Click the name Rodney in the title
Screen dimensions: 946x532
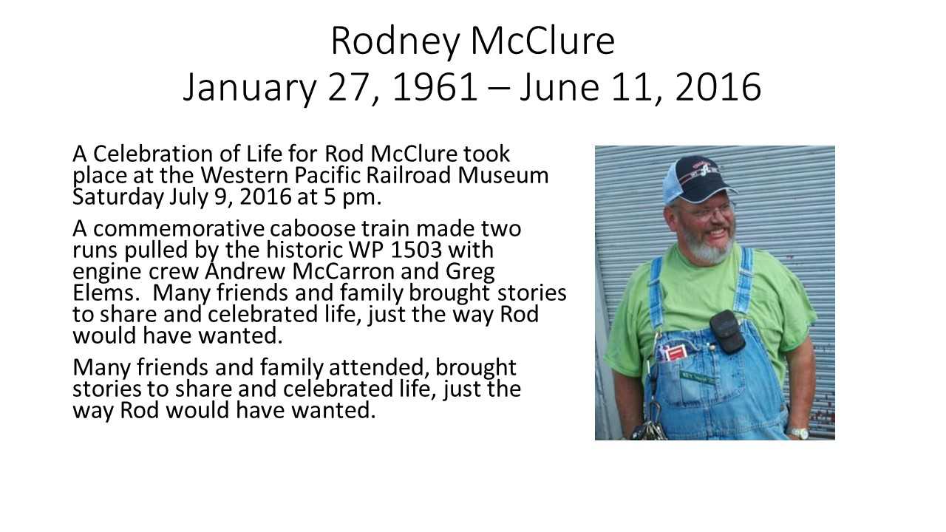pos(395,42)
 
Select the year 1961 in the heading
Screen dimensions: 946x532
pos(435,87)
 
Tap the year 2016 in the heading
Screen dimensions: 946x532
pos(718,87)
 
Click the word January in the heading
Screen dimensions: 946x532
pos(250,89)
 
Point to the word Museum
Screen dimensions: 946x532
pos(503,175)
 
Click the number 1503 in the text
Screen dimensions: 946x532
pos(416,250)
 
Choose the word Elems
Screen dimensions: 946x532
pos(106,293)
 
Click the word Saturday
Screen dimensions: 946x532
pos(118,197)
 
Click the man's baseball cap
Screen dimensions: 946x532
pos(699,180)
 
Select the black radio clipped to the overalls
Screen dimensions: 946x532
pos(725,332)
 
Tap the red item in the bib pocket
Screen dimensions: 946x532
pos(669,354)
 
